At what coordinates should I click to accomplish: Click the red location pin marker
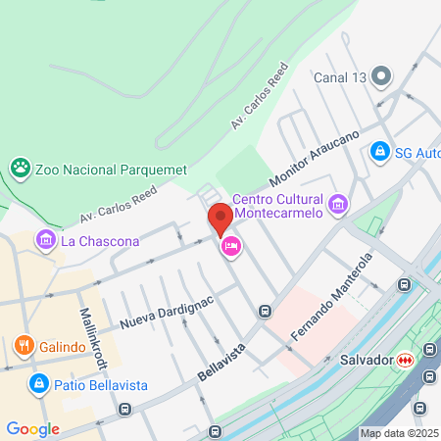(x=220, y=218)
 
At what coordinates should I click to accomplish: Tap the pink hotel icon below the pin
(x=231, y=245)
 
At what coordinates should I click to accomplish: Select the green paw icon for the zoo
(x=20, y=169)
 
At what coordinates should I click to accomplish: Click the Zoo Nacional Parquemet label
(x=111, y=170)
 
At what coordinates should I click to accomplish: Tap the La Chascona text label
(x=100, y=240)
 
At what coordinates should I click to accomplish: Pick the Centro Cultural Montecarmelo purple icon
(x=338, y=204)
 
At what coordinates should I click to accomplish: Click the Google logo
(x=32, y=428)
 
